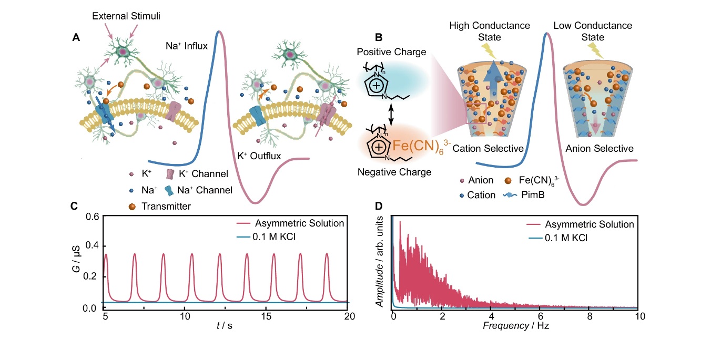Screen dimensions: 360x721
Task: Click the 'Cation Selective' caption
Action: point(488,149)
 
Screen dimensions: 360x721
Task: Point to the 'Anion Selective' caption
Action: point(599,149)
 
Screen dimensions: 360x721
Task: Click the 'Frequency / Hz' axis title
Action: point(515,326)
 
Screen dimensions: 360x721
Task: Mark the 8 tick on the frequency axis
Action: point(590,316)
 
